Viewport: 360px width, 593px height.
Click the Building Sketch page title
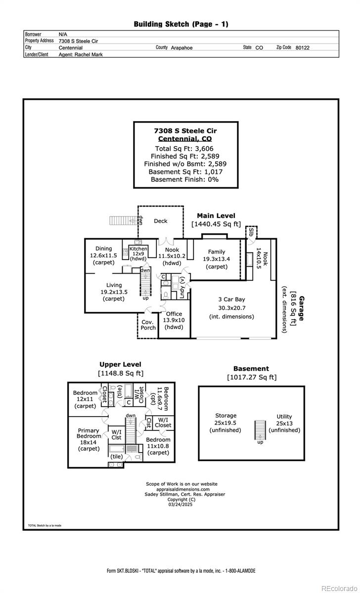coord(181,24)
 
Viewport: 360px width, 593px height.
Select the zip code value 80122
coord(302,48)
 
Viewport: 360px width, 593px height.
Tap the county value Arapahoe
coord(181,48)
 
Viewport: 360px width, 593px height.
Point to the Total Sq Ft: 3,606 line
coord(184,148)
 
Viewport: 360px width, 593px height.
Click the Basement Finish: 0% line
coord(184,179)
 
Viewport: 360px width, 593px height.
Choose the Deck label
coord(161,221)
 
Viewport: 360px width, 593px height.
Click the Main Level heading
coord(216,215)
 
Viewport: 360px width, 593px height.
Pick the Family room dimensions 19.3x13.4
coord(216,259)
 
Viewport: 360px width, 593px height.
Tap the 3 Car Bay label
coord(231,299)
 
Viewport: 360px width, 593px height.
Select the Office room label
coord(174,314)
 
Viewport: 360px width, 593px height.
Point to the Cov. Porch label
coord(148,325)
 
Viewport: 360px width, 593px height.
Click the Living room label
coord(114,285)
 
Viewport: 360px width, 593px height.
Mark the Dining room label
coord(104,249)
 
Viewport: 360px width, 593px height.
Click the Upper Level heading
coord(120,365)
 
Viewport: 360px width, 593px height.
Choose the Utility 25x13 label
coord(284,424)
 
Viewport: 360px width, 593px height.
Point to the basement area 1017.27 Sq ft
coord(252,378)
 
